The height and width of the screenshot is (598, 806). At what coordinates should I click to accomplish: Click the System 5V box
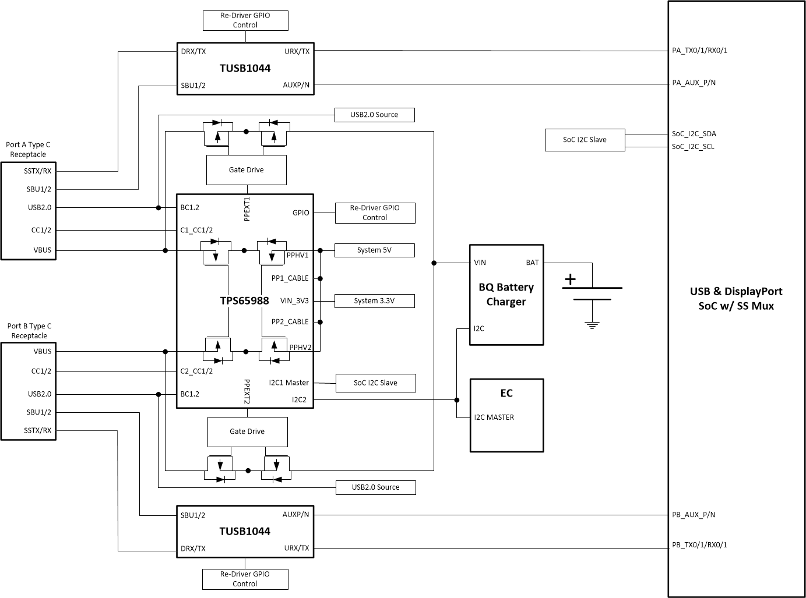click(374, 250)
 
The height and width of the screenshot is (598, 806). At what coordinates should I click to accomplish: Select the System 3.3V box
click(374, 301)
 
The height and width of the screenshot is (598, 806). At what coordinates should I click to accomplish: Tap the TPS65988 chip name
click(244, 300)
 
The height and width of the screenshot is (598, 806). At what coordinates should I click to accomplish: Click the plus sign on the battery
click(569, 279)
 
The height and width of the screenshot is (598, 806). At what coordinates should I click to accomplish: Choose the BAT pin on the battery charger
click(532, 263)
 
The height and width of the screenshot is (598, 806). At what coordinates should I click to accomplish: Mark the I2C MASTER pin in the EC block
click(494, 417)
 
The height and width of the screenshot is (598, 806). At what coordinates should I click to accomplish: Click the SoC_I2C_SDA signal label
click(694, 134)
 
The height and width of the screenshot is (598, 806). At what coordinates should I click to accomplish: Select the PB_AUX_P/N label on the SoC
click(694, 515)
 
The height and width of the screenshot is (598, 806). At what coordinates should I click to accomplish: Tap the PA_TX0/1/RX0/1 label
click(699, 51)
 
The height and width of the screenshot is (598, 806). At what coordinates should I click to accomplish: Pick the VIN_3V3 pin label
click(294, 301)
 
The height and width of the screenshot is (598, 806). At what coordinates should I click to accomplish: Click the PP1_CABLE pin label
click(290, 278)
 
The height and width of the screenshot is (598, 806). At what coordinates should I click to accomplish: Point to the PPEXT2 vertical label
click(247, 391)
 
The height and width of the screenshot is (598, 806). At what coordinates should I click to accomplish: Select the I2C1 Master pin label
click(288, 383)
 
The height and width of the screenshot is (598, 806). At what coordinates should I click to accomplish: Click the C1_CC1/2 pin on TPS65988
click(196, 230)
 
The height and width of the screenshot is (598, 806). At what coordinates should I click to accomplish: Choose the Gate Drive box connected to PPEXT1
click(246, 170)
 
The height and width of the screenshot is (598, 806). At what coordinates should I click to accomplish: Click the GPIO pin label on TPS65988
click(301, 213)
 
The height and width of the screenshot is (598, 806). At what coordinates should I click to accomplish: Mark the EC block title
click(506, 393)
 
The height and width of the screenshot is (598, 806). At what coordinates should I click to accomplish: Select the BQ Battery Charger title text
click(506, 294)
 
